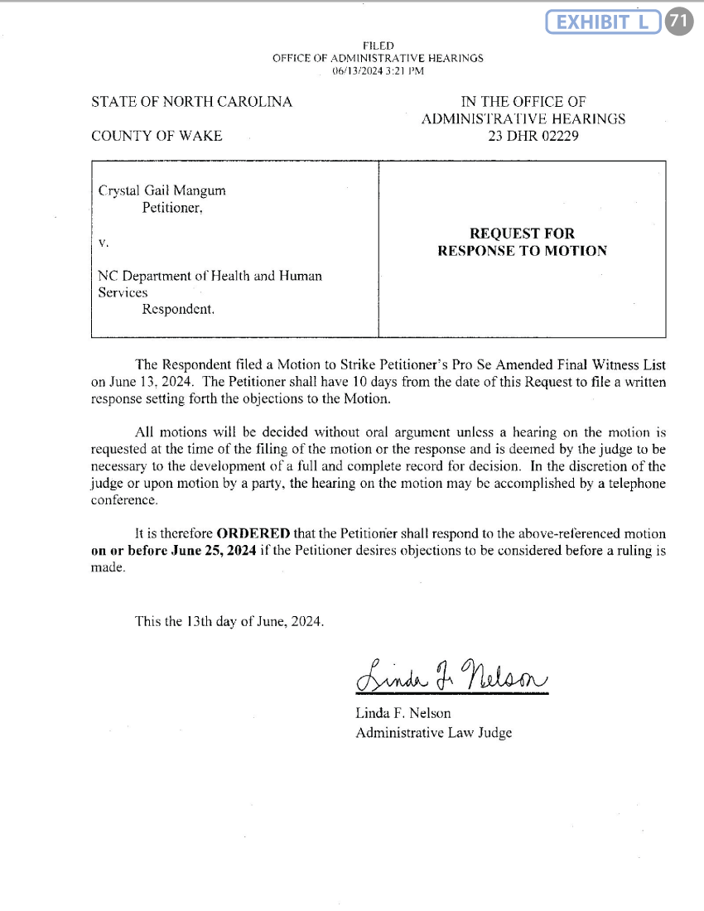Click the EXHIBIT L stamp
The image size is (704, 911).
point(605,22)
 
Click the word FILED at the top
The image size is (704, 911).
point(378,46)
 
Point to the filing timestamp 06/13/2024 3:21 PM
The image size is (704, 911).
point(378,72)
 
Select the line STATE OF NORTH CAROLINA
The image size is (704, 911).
point(191,102)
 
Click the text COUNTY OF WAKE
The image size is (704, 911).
point(157,136)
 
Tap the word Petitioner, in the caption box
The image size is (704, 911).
point(172,209)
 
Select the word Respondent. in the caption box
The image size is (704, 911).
point(178,310)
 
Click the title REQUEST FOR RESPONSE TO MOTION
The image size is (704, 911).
point(522,243)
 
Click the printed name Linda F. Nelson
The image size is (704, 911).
point(403,713)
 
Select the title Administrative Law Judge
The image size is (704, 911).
point(433,733)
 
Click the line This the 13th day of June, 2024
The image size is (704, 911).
point(229,622)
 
